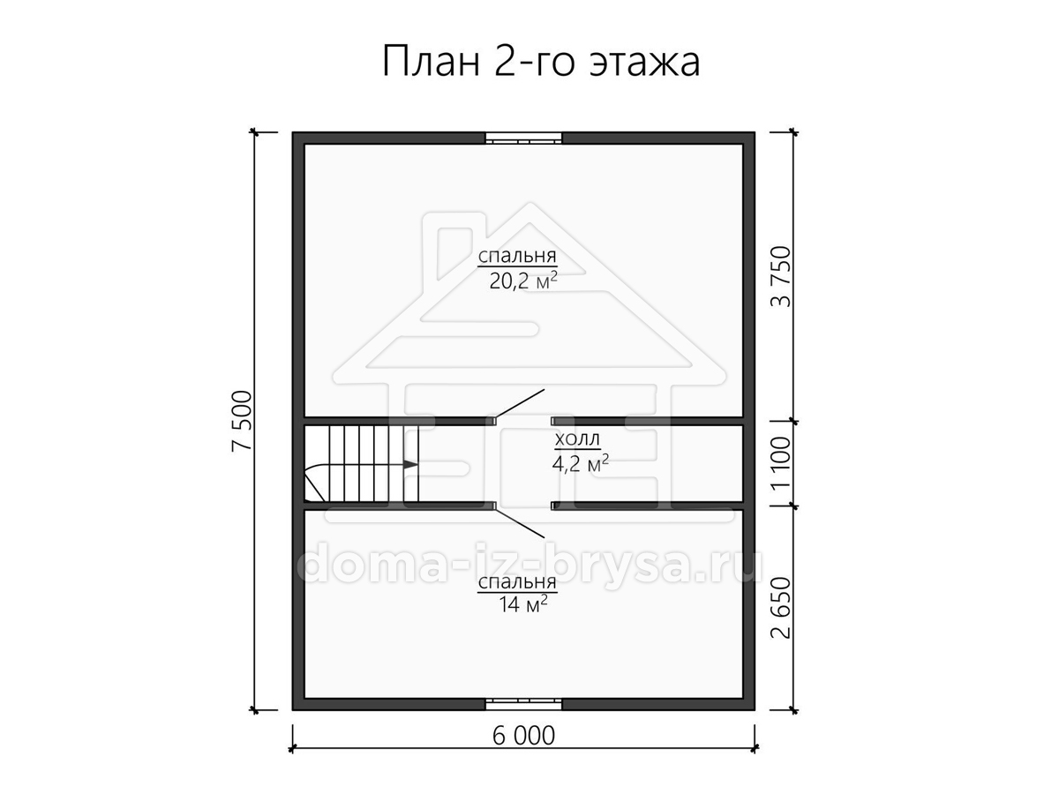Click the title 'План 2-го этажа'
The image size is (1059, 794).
click(540, 62)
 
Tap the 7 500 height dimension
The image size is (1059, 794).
click(242, 421)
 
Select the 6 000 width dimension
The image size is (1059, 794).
click(523, 736)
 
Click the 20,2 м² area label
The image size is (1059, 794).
click(523, 280)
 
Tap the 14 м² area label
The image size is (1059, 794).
click(523, 603)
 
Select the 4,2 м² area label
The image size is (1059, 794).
click(581, 463)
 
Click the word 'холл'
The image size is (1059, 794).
click(577, 439)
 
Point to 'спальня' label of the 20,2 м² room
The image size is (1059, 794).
click(517, 256)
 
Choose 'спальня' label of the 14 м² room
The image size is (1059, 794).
click(517, 582)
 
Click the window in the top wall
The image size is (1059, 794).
click(523, 138)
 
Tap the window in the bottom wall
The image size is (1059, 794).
click(523, 704)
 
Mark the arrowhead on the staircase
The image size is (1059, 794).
click(410, 465)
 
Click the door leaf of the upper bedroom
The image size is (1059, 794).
click(519, 403)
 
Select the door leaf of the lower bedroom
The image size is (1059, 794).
click(519, 523)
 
